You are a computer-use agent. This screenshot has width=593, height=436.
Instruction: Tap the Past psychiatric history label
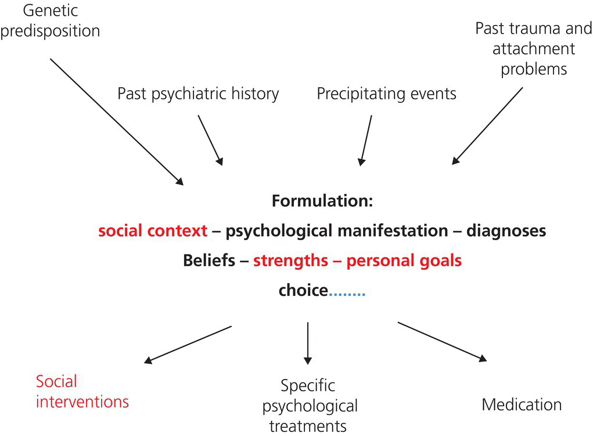(x=198, y=94)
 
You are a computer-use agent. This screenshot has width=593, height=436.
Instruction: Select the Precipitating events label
(x=386, y=94)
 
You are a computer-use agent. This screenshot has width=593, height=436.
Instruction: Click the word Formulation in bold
(x=321, y=202)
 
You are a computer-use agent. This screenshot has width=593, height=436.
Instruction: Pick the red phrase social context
(x=153, y=231)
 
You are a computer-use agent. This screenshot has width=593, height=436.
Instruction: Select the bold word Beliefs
(x=207, y=260)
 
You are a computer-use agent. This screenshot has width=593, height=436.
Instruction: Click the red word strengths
(x=290, y=260)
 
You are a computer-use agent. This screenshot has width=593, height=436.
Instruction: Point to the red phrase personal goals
(x=404, y=260)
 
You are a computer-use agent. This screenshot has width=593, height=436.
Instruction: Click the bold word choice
(x=303, y=290)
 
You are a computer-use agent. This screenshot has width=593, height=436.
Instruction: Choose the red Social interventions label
(x=82, y=391)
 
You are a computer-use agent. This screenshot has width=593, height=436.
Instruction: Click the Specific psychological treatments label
(x=309, y=405)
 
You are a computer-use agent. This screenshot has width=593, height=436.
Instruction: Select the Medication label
(x=522, y=404)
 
